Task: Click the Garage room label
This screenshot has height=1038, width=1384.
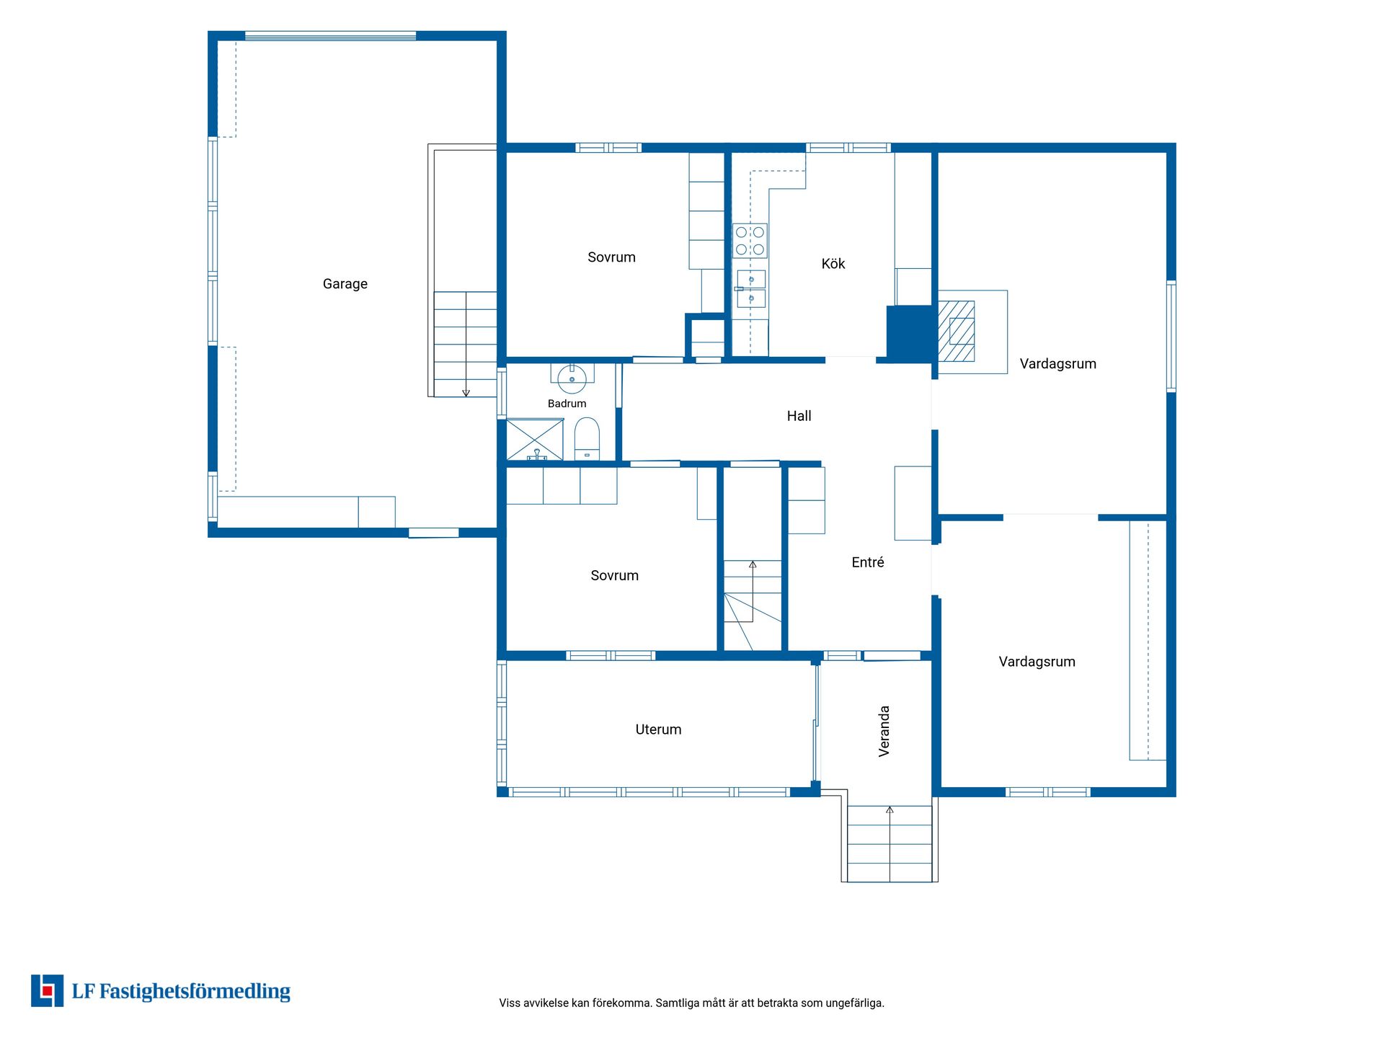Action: (x=345, y=284)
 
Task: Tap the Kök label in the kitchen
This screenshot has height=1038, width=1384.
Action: (x=833, y=264)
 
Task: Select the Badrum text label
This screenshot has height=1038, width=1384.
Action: (x=567, y=404)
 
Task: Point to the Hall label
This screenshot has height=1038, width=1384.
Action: (x=799, y=416)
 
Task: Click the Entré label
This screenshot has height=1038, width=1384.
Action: (x=867, y=562)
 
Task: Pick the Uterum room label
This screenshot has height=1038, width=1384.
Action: (x=658, y=729)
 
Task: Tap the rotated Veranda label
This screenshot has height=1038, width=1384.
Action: (x=884, y=731)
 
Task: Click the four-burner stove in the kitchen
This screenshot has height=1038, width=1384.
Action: (x=750, y=241)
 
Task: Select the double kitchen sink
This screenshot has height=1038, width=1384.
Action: (x=750, y=288)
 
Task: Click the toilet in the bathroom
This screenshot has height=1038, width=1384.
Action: (x=587, y=439)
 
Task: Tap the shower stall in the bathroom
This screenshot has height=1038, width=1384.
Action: (x=535, y=439)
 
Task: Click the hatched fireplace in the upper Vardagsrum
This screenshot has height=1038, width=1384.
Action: (x=957, y=331)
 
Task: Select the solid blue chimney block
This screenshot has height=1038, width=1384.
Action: (x=910, y=332)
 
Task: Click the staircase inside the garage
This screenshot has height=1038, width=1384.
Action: (x=465, y=344)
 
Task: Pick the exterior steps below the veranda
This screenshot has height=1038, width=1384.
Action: (x=890, y=843)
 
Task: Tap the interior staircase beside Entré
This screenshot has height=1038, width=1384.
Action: (x=753, y=605)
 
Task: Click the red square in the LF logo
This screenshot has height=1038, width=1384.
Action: (x=48, y=990)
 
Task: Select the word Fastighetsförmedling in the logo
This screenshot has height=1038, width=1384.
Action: (x=195, y=992)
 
